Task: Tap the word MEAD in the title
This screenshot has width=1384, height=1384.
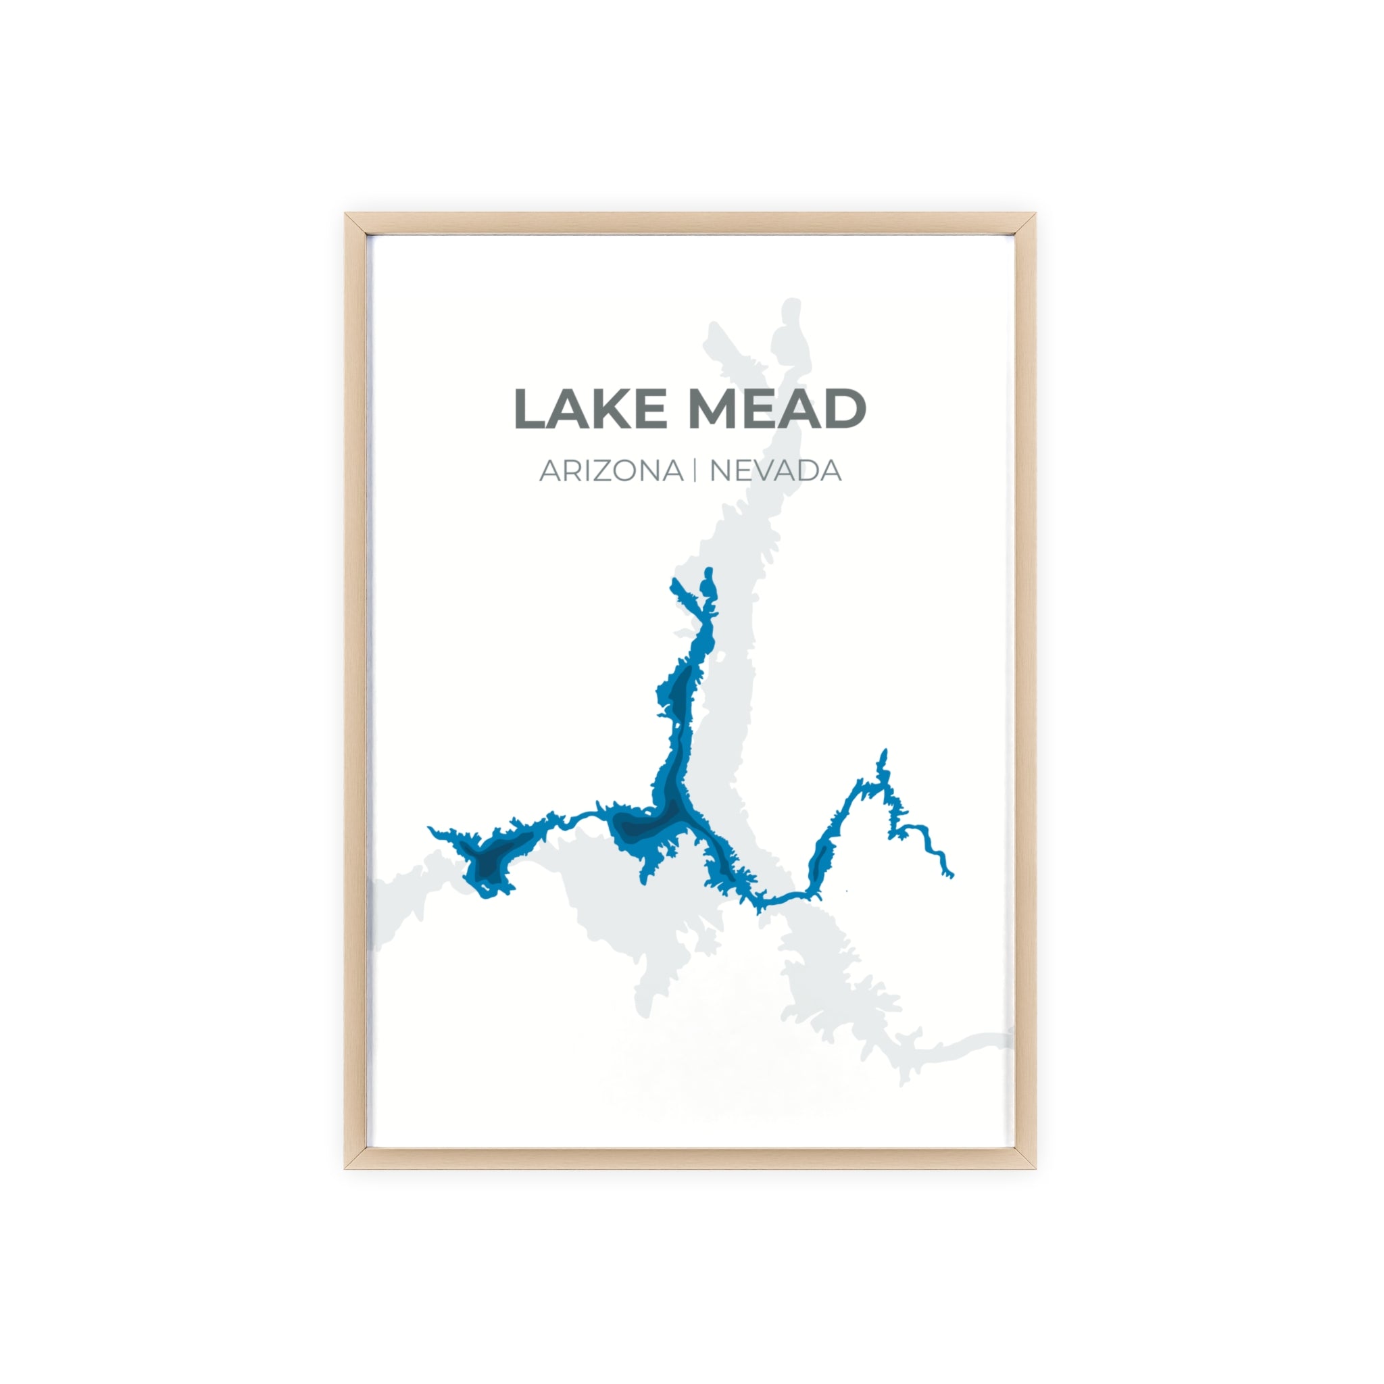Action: tap(776, 409)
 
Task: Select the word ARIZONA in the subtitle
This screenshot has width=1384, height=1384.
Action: tap(611, 472)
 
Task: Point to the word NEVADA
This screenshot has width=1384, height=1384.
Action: tap(775, 472)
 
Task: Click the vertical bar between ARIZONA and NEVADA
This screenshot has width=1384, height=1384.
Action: tap(695, 472)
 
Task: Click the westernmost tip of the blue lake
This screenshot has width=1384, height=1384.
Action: tap(430, 828)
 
